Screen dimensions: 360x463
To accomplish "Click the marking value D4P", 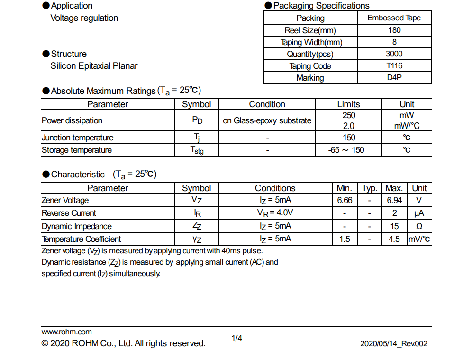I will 394,78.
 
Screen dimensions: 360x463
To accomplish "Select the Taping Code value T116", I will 394,66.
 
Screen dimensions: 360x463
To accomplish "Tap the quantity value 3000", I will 394,54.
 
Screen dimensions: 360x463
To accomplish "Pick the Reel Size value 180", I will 394,30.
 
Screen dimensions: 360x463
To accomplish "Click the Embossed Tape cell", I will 394,18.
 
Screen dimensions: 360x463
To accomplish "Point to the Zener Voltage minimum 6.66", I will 345,201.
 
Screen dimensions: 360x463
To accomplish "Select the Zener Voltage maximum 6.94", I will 394,201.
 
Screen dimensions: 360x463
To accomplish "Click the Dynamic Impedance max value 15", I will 394,226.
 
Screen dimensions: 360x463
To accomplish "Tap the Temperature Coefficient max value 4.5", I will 394,239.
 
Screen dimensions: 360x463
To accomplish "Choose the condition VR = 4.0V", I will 275,213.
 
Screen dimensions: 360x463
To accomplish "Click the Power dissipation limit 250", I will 349,115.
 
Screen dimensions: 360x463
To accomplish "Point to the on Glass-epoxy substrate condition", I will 267,120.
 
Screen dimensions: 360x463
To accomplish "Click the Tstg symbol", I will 197,150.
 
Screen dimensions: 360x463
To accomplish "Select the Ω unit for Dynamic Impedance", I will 419,226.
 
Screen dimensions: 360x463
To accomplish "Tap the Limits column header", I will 349,104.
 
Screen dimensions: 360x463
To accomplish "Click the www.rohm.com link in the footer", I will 67,332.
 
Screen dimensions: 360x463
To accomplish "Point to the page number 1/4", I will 237,338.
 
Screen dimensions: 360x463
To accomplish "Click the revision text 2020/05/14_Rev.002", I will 394,343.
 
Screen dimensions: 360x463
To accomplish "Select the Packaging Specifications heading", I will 321,6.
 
